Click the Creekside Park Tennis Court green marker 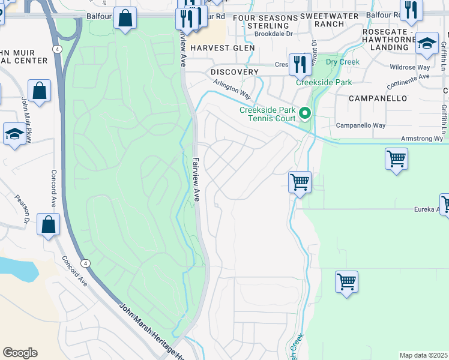[306, 113]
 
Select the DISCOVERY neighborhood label [235, 72]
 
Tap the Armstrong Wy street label [422, 139]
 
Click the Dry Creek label [343, 62]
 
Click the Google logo [20, 353]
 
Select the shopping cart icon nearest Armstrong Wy [396, 160]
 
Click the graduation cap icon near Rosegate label [427, 43]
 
